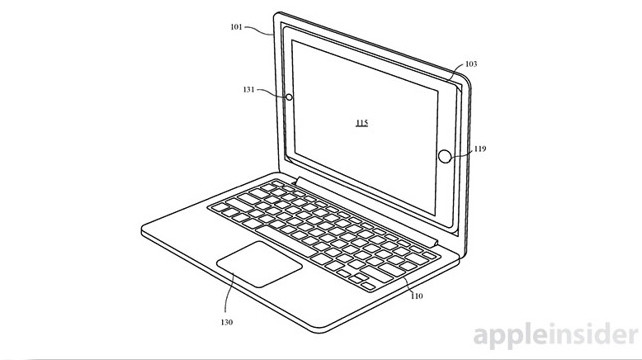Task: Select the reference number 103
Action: pyautogui.click(x=471, y=63)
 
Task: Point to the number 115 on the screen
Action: pyautogui.click(x=361, y=123)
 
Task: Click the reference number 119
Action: pyautogui.click(x=480, y=149)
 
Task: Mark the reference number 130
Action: pyautogui.click(x=227, y=322)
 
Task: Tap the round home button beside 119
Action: pyautogui.click(x=447, y=156)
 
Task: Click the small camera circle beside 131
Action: pyautogui.click(x=289, y=98)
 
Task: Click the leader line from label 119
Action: pyautogui.click(x=465, y=152)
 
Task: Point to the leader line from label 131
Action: pyautogui.click(x=273, y=94)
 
